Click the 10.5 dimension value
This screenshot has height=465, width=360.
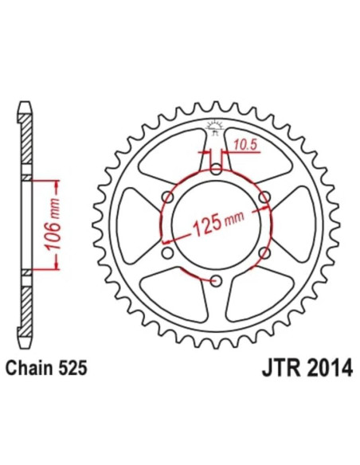click(x=245, y=144)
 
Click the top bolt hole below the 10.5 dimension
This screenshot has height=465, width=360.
click(x=217, y=168)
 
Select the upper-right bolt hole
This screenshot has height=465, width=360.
click(x=265, y=196)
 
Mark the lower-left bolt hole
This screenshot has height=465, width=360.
click(x=168, y=252)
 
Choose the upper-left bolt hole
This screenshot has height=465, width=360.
click(x=168, y=196)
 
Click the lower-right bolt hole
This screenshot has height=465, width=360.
click(x=265, y=252)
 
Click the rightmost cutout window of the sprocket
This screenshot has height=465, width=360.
click(x=303, y=224)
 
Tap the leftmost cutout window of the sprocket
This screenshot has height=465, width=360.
click(x=130, y=224)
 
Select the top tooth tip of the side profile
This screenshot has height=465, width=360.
click(x=25, y=106)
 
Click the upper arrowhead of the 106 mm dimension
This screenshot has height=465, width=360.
click(x=57, y=183)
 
